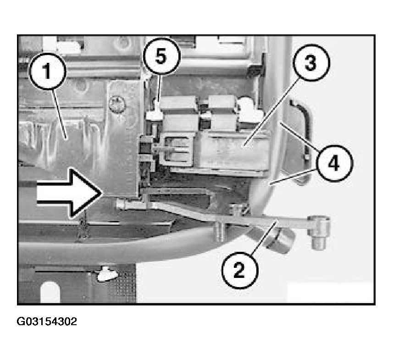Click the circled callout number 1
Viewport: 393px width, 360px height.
tap(48, 71)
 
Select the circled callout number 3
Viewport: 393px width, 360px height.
tap(311, 63)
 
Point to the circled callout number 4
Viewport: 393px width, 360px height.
tap(334, 163)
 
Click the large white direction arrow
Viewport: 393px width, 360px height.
tap(69, 193)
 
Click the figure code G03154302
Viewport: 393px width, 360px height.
tap(47, 321)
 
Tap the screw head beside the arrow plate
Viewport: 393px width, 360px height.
tap(117, 105)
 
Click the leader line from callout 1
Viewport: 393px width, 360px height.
tap(59, 114)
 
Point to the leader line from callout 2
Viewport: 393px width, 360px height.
tap(263, 237)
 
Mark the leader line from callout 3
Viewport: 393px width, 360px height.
tap(272, 111)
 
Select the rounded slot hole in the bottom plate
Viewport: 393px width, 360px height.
tap(50, 292)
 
